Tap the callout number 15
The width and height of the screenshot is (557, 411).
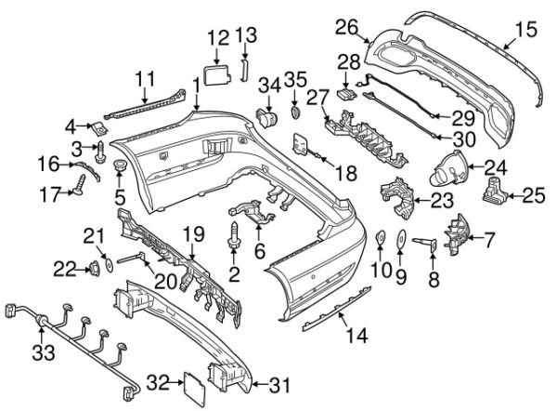pyautogui.click(x=526, y=30)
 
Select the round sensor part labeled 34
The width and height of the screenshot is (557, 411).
pyautogui.click(x=271, y=116)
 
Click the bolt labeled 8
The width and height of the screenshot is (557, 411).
pyautogui.click(x=429, y=243)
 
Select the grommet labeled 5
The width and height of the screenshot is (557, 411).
pyautogui.click(x=120, y=166)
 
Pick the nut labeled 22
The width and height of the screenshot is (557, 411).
pyautogui.click(x=93, y=270)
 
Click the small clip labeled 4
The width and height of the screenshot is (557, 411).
pyautogui.click(x=96, y=124)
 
